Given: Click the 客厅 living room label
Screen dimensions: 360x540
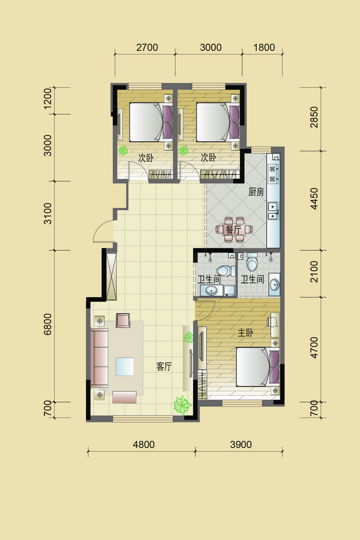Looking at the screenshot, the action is point(164,367).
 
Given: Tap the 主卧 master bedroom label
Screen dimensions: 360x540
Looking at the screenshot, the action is point(246,332).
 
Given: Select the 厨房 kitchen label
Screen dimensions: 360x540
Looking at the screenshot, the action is point(256,192).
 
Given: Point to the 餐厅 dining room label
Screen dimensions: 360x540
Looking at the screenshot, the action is point(233,229).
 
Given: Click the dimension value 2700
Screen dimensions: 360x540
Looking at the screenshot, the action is point(147,47).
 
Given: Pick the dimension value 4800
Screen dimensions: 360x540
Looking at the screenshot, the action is point(143,444).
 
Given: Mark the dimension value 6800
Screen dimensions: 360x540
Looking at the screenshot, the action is point(48,324).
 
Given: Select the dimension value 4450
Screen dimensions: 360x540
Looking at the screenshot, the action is point(314,199).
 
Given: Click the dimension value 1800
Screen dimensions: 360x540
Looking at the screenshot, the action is point(264,47).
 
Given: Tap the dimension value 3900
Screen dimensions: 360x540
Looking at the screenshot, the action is point(241,444).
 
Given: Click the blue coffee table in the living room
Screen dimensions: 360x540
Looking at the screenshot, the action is point(125,367).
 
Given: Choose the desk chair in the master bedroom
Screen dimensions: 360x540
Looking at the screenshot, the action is point(272,322).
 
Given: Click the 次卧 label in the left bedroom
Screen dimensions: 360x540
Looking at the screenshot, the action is point(146,158).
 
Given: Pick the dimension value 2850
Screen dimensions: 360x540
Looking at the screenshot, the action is point(314,117).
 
